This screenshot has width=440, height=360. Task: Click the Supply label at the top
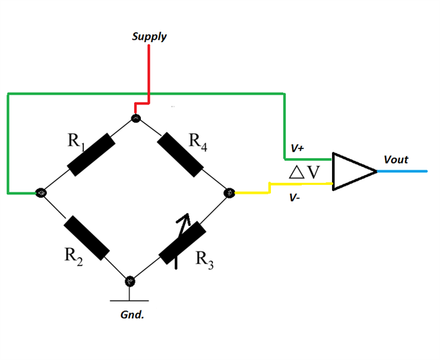149,36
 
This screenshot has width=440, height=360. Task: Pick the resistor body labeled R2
87,238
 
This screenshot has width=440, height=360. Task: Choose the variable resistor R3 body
183,242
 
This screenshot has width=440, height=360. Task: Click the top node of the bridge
135,119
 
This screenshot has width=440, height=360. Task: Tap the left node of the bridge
41,193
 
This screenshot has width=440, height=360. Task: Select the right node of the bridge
230,193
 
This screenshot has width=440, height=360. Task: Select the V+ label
298,148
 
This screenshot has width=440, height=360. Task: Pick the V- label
295,198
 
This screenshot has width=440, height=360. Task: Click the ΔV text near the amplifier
305,172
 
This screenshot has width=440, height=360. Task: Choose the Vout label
395,159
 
